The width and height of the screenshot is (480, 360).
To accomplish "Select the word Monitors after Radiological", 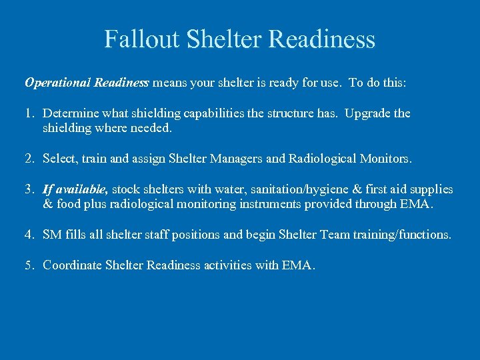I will pos(385,159).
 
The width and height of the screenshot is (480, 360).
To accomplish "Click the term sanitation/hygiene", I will pos(272,189).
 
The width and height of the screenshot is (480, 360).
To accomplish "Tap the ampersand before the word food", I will pos(47,204).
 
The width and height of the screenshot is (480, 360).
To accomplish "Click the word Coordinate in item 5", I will pos(73,265).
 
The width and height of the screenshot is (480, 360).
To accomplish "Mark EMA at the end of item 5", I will pos(297,265).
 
